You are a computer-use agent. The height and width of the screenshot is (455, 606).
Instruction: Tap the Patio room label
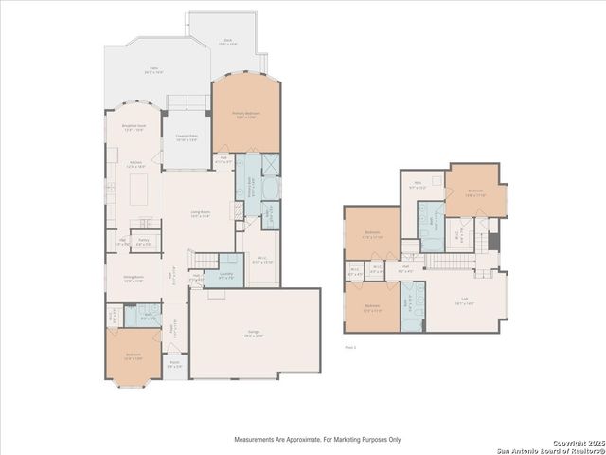(154, 69)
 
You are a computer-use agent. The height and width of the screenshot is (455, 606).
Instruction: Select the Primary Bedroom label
(246, 114)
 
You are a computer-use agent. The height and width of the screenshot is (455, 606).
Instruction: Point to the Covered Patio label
(187, 137)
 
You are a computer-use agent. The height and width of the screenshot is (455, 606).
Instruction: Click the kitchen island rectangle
(137, 190)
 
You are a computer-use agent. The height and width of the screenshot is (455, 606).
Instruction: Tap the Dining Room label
(134, 280)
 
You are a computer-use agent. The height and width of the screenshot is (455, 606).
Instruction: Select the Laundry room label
(226, 276)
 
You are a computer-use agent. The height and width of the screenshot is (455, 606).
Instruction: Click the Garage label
(255, 333)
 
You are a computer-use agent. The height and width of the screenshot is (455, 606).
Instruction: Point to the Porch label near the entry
(175, 363)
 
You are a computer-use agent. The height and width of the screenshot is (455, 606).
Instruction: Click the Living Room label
(199, 215)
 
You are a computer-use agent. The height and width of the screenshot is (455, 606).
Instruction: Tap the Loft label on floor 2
(462, 302)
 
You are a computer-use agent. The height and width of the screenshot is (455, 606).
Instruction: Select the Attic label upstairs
(417, 186)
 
